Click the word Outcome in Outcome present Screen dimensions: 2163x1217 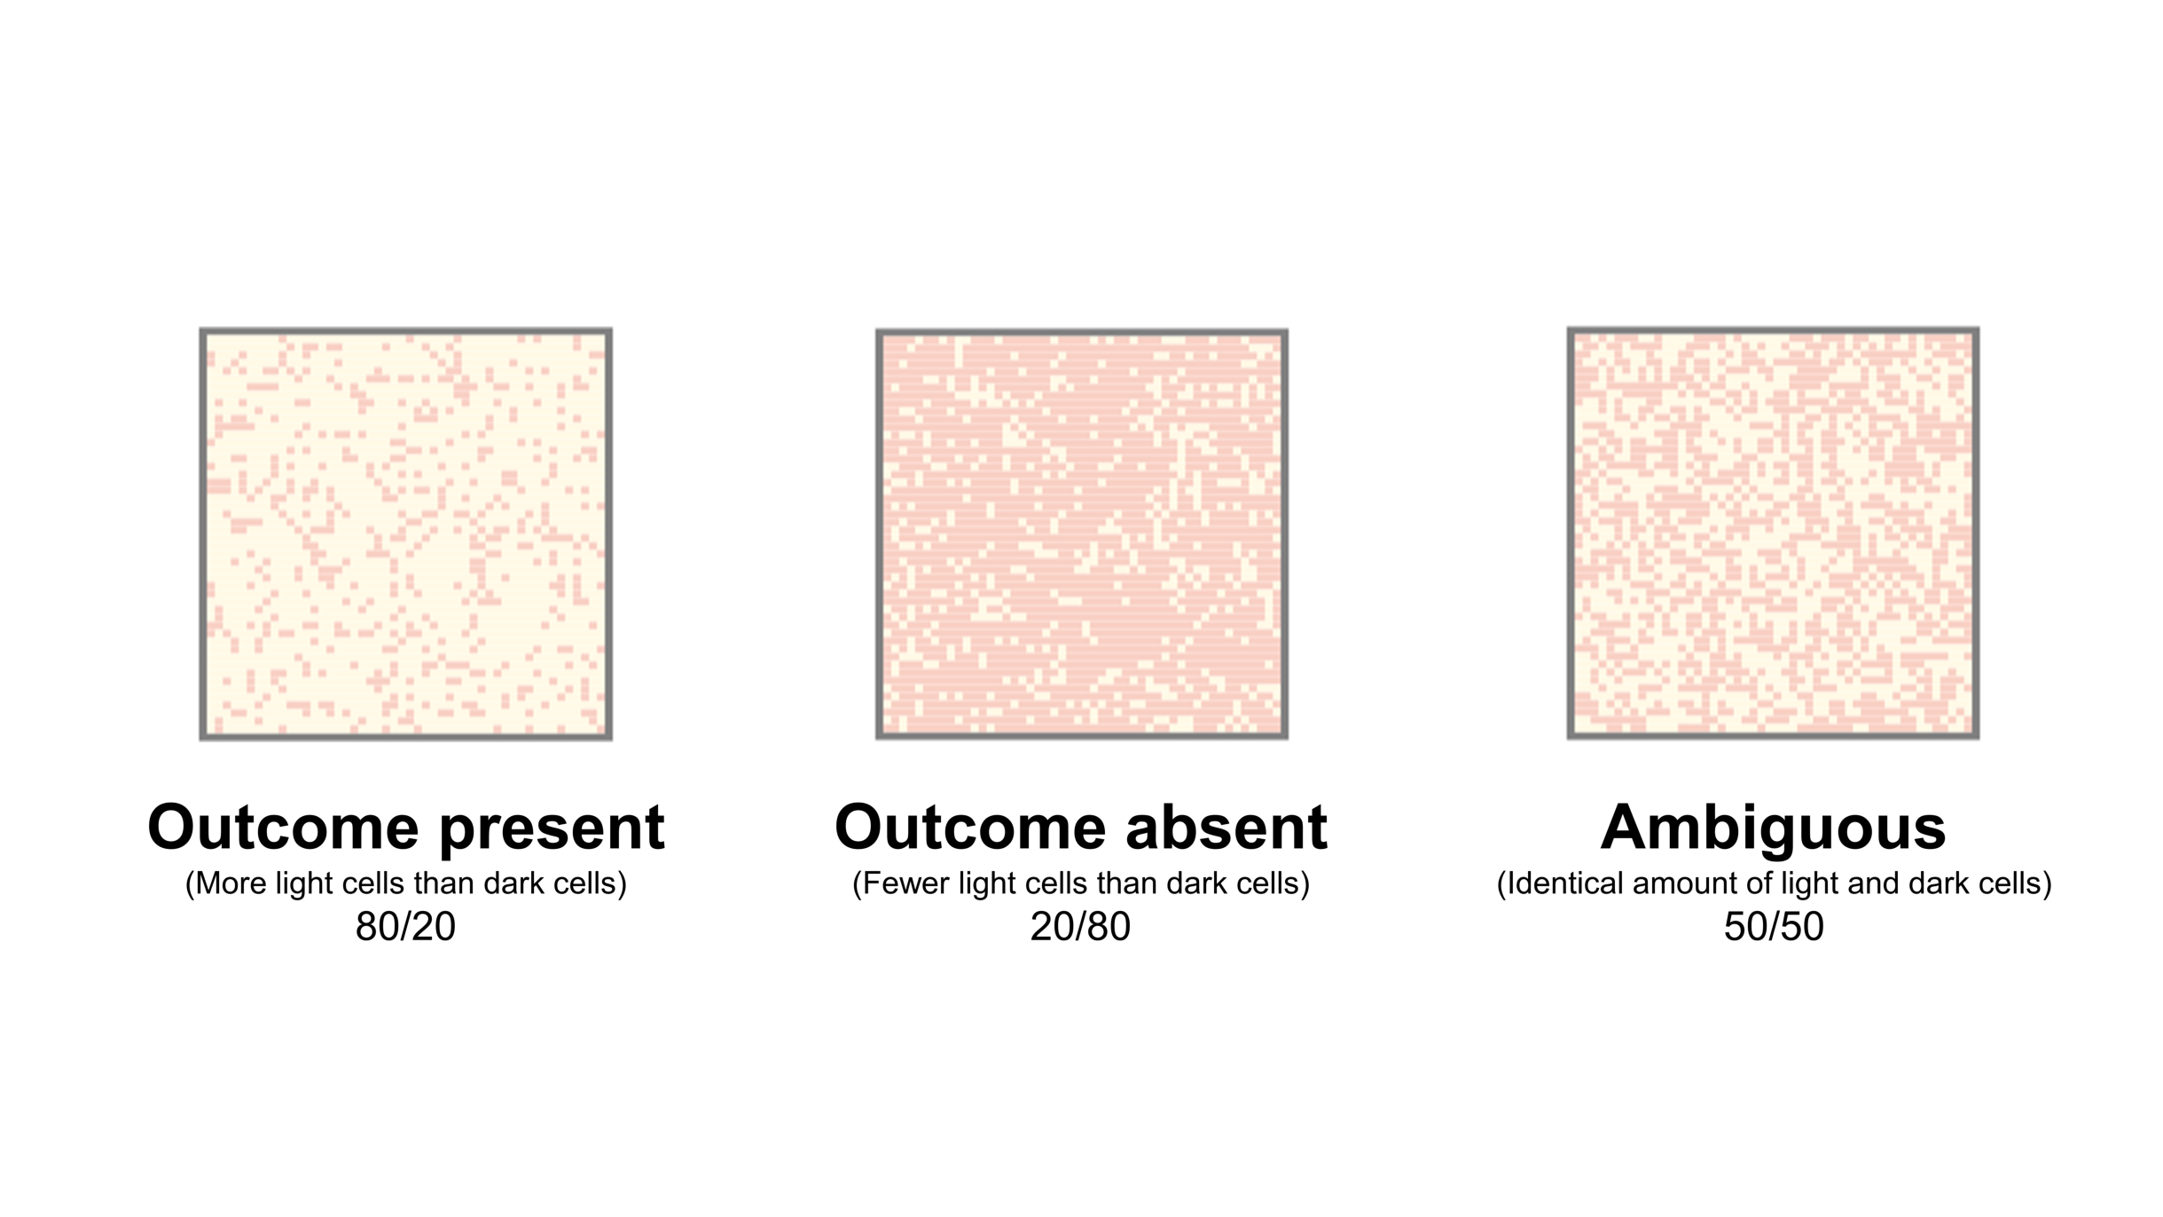(283, 828)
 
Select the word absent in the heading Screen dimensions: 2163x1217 (1226, 828)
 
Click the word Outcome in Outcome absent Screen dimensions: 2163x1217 (970, 828)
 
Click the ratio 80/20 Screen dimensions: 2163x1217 (405, 927)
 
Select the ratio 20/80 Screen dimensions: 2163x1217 (1080, 927)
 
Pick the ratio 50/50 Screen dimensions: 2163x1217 (1774, 927)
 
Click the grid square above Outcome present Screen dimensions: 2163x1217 (405, 533)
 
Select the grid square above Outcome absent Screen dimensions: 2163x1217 (1081, 534)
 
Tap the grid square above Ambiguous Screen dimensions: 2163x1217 (1773, 532)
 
